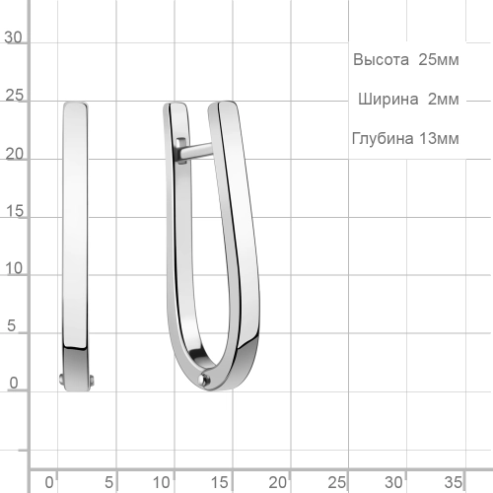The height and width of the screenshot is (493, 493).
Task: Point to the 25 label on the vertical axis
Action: [15, 97]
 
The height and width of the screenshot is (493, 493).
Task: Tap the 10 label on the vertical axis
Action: [15, 269]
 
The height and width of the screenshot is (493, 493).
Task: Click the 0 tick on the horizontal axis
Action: [58, 468]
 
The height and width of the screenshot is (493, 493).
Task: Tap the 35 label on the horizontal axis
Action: [453, 482]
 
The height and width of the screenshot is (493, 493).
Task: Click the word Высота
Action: [381, 60]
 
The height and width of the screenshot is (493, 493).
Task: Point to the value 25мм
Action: [438, 60]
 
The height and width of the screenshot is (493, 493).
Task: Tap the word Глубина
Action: [379, 138]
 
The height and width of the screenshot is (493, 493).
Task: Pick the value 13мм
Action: [438, 138]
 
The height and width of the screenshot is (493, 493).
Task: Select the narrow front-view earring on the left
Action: [75, 227]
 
